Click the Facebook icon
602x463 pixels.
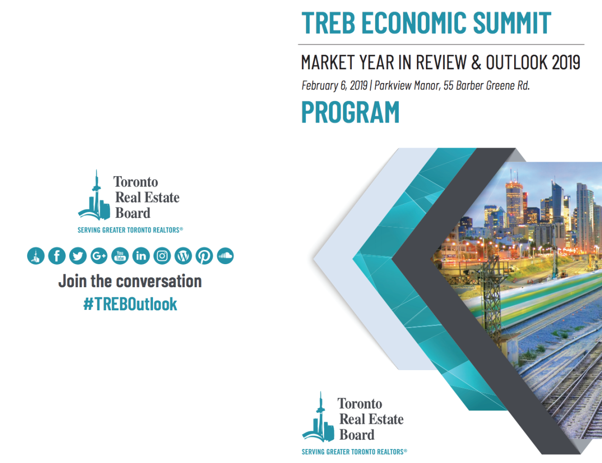(57, 256)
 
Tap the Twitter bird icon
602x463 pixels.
(78, 256)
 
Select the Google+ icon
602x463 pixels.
(99, 256)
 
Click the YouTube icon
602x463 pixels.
(120, 256)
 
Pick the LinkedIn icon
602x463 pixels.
(141, 256)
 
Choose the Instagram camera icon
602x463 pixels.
(162, 256)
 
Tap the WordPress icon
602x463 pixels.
(183, 256)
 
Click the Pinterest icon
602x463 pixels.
(204, 256)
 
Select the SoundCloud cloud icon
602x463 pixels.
(225, 256)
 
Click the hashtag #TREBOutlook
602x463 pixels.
(130, 304)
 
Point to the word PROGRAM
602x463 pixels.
(351, 112)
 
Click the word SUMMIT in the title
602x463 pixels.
(512, 23)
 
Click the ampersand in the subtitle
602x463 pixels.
(476, 62)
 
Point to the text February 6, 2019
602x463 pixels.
(335, 85)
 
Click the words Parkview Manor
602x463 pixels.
(407, 85)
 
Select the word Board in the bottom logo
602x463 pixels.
(357, 434)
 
